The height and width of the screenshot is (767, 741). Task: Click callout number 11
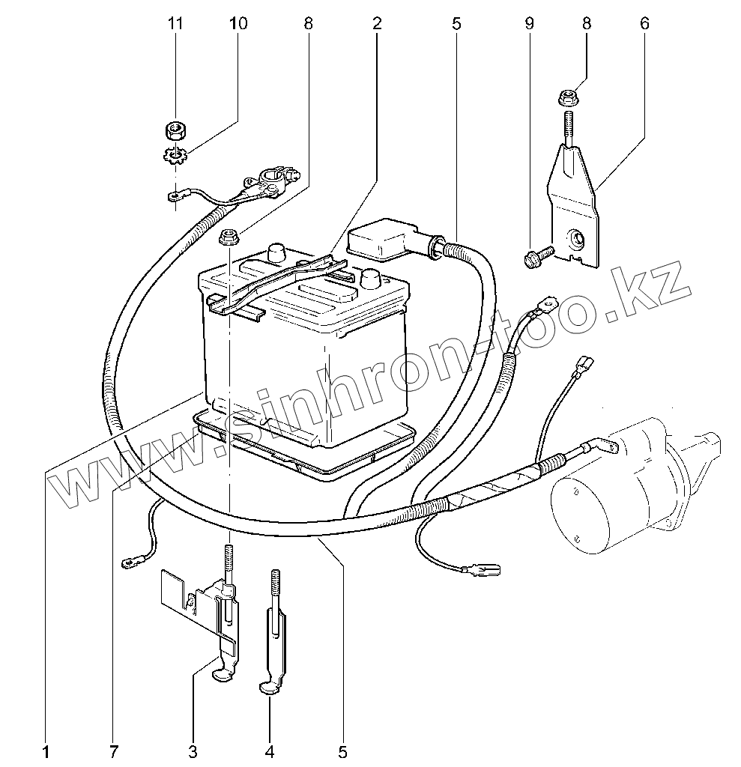pyautogui.click(x=175, y=23)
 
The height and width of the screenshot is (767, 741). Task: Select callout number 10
pyautogui.click(x=238, y=23)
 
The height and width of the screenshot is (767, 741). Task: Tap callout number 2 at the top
pyautogui.click(x=377, y=23)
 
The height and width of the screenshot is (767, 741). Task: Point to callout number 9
pyautogui.click(x=530, y=23)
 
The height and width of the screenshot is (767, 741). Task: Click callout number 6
pyautogui.click(x=644, y=23)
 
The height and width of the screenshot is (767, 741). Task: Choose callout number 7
pyautogui.click(x=114, y=750)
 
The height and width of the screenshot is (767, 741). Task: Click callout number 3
pyautogui.click(x=193, y=750)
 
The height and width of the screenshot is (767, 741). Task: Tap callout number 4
pyautogui.click(x=270, y=750)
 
